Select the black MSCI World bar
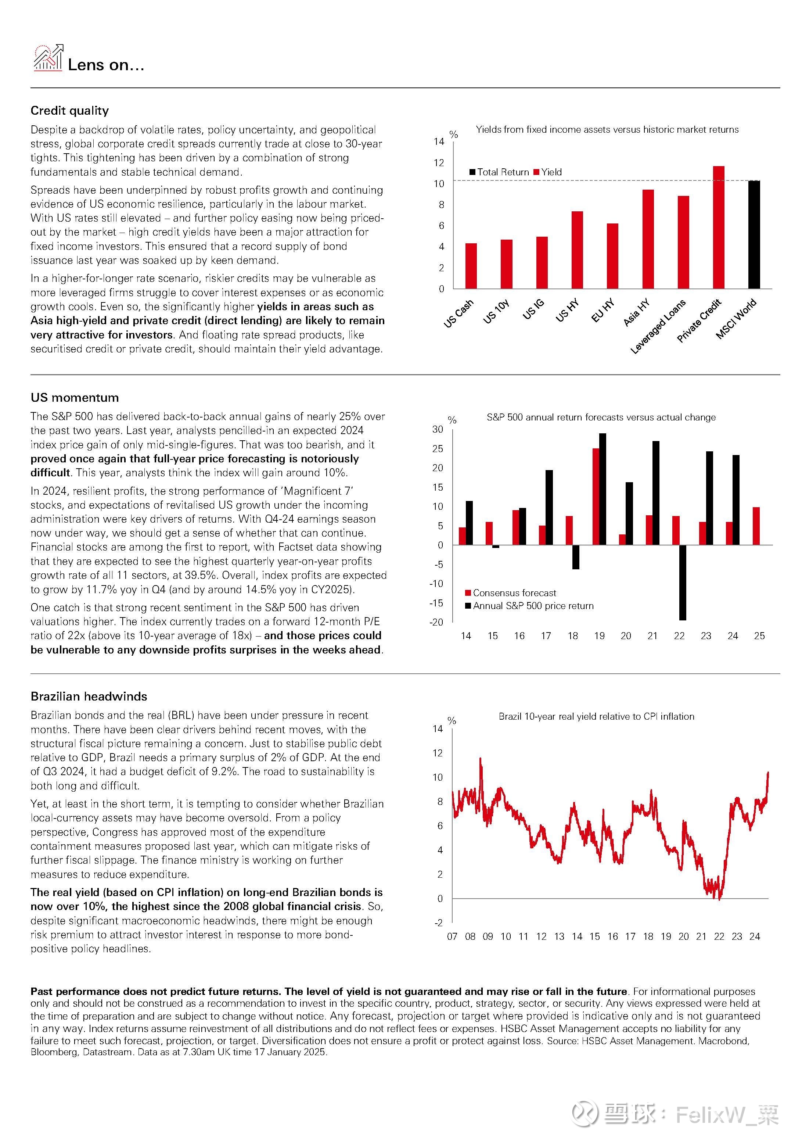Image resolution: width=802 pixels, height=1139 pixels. point(754,234)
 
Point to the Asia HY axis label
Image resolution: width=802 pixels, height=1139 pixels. point(636,312)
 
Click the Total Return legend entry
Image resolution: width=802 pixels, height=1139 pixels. point(499,172)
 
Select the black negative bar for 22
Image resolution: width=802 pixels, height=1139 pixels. point(683,583)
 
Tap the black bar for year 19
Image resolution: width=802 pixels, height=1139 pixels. point(602,489)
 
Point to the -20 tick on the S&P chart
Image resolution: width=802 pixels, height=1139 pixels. point(436,622)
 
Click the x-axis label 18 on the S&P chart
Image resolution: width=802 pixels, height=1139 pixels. point(572,636)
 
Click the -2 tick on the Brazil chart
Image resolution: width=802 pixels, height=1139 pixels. point(438,923)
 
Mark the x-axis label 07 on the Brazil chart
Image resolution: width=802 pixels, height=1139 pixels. point(452,936)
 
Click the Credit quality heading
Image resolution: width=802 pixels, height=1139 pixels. point(69,111)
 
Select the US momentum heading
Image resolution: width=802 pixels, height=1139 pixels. point(75,397)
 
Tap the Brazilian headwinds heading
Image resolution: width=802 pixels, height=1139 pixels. point(89,696)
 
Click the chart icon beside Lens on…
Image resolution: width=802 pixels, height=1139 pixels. point(48,58)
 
